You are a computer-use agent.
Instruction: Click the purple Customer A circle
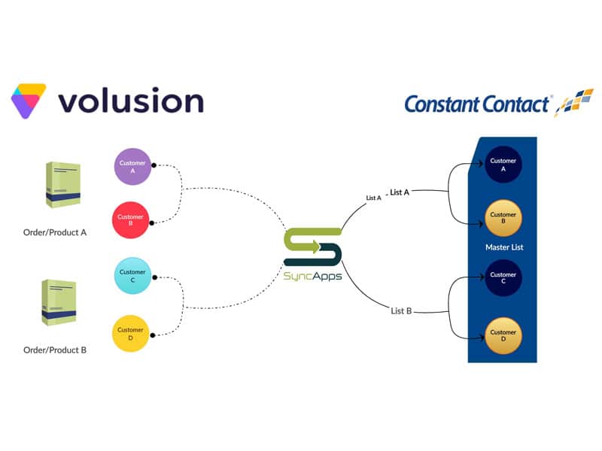[x=132, y=166]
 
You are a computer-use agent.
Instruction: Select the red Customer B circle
[x=131, y=219]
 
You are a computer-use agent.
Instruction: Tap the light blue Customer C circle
[x=132, y=277]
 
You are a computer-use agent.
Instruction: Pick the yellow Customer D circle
[x=131, y=334]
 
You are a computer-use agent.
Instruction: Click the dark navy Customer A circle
[x=503, y=165]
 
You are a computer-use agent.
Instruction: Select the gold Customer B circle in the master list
[x=503, y=219]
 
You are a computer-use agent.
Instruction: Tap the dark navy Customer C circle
[x=503, y=278]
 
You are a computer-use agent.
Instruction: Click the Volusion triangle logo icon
[x=29, y=101]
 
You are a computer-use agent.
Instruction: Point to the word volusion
[x=130, y=101]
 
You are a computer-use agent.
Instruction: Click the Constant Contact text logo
[x=477, y=104]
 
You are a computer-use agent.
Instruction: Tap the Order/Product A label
[x=55, y=232]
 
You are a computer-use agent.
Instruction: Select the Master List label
[x=503, y=247]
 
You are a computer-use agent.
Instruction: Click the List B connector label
[x=401, y=310]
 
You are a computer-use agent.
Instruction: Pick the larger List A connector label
[x=400, y=192]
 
